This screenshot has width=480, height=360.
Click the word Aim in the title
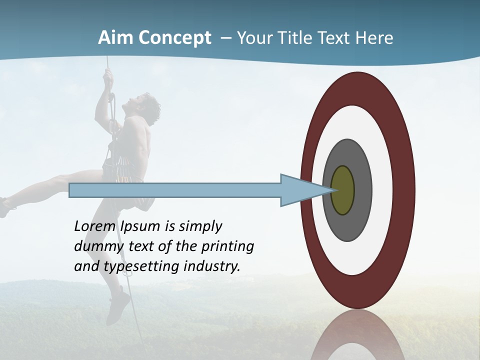coord(115,38)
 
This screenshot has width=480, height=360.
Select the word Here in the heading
coord(374,38)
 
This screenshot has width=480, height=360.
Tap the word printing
coord(227,247)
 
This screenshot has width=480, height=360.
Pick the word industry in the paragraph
coord(212,266)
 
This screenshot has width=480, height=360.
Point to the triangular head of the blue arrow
coord(300,190)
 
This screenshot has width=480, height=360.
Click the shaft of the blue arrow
coord(175,190)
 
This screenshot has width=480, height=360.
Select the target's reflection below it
coord(357,337)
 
